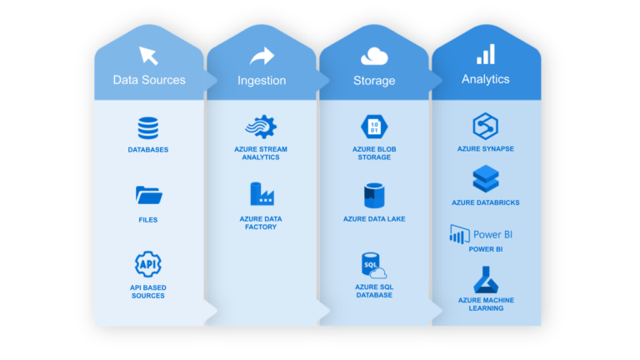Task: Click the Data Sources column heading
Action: click(x=149, y=81)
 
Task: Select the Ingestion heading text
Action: click(x=262, y=81)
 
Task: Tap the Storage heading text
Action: click(x=373, y=81)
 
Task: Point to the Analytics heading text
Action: click(x=485, y=80)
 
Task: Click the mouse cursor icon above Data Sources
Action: click(x=149, y=56)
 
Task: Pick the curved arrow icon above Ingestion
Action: click(x=262, y=56)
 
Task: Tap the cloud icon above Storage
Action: click(x=374, y=56)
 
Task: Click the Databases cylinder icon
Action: click(x=148, y=128)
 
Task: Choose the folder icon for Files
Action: click(x=148, y=196)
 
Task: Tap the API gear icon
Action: click(x=148, y=264)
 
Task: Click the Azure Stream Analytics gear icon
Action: click(x=261, y=127)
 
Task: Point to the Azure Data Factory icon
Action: click(x=262, y=194)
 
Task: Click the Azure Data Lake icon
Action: click(x=373, y=196)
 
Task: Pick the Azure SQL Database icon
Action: click(x=372, y=265)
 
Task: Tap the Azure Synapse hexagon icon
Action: click(x=485, y=127)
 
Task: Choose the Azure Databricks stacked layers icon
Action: click(x=485, y=178)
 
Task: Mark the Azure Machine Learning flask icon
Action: click(x=485, y=280)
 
